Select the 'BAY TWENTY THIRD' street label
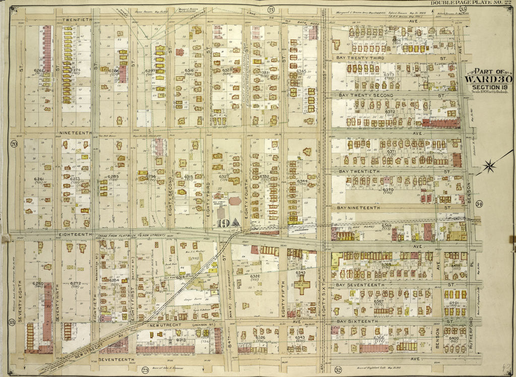point(361,58)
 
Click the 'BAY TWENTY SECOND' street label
point(365,95)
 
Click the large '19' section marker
point(221,223)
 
